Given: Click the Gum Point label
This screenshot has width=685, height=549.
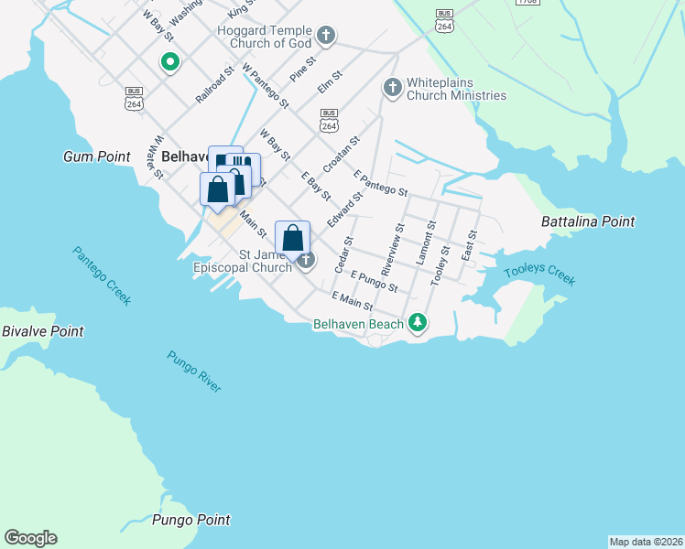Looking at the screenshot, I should point(97,156).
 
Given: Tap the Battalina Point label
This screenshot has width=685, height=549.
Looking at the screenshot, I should point(588,221).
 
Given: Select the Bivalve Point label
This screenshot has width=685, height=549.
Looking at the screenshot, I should point(42,331).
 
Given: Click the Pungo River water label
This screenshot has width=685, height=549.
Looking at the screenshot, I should point(194,371).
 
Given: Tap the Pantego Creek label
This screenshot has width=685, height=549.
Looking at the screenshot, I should point(103,275).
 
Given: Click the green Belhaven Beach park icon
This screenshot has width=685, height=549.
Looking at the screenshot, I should point(418,323).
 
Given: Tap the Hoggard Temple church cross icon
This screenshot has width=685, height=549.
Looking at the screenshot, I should point(325,37).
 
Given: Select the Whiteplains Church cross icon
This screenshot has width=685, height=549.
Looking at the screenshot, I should point(393,88).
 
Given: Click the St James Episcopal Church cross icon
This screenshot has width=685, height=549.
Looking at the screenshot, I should point(306,261).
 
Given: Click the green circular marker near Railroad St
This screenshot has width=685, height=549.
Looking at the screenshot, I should point(169,62).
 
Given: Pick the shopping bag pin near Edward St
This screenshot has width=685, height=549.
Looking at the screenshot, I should point(292,239).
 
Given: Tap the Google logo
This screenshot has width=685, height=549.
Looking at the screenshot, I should point(30,538).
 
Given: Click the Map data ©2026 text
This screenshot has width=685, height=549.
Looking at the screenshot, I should point(646,541).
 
